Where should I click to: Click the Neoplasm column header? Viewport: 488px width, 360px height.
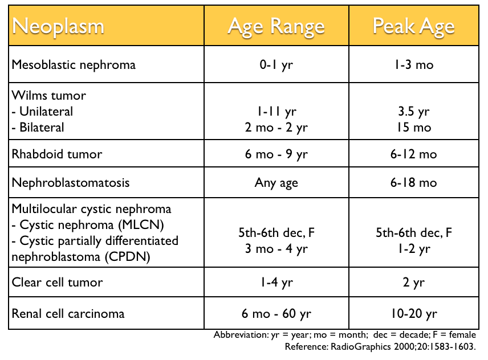click(x=59, y=27)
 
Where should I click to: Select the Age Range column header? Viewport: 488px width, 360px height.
click(x=276, y=27)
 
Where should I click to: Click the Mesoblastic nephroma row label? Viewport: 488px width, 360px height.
click(x=74, y=64)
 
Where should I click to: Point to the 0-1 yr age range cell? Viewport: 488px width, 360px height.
click(x=276, y=64)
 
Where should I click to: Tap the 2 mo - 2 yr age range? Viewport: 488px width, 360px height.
click(x=276, y=127)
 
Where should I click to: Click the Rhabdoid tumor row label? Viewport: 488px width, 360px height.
click(x=57, y=154)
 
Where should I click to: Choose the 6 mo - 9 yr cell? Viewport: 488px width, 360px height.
click(x=276, y=154)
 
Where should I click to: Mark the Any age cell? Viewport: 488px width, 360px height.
click(x=276, y=183)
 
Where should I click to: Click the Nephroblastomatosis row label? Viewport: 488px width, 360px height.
click(x=71, y=183)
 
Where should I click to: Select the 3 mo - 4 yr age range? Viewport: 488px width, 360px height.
click(x=276, y=249)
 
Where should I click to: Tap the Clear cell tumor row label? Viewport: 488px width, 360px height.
click(x=58, y=283)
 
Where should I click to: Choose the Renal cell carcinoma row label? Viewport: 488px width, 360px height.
click(x=68, y=313)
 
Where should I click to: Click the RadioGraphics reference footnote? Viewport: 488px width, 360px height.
click(x=380, y=346)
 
